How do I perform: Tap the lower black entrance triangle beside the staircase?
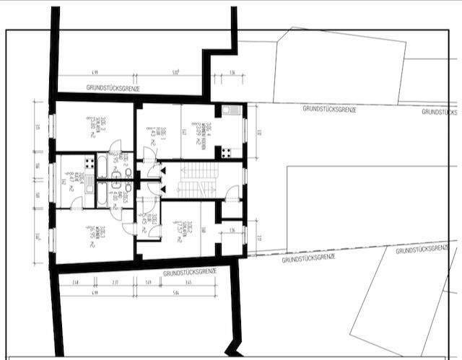[164, 189]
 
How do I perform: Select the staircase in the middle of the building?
[197, 180]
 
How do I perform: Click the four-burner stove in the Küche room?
[89, 162]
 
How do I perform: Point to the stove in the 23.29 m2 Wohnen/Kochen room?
[226, 152]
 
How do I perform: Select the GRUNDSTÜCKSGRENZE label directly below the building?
[190, 273]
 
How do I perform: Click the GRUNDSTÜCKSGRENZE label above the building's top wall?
[113, 88]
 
